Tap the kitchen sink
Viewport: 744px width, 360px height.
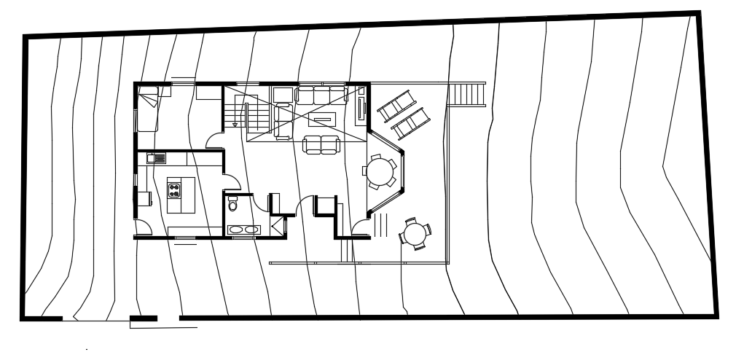(x=157, y=157)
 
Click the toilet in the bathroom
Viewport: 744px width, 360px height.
(x=233, y=203)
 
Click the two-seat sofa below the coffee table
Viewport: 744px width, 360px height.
(x=321, y=144)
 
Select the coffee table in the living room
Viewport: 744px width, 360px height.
(x=322, y=117)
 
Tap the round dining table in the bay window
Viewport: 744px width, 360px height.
(x=380, y=173)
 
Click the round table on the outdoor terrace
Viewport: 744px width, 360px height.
(x=414, y=234)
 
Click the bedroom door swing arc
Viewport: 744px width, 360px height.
(x=213, y=141)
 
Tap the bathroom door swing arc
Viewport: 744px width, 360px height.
(x=229, y=182)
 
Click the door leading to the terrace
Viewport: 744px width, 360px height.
(x=360, y=228)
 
